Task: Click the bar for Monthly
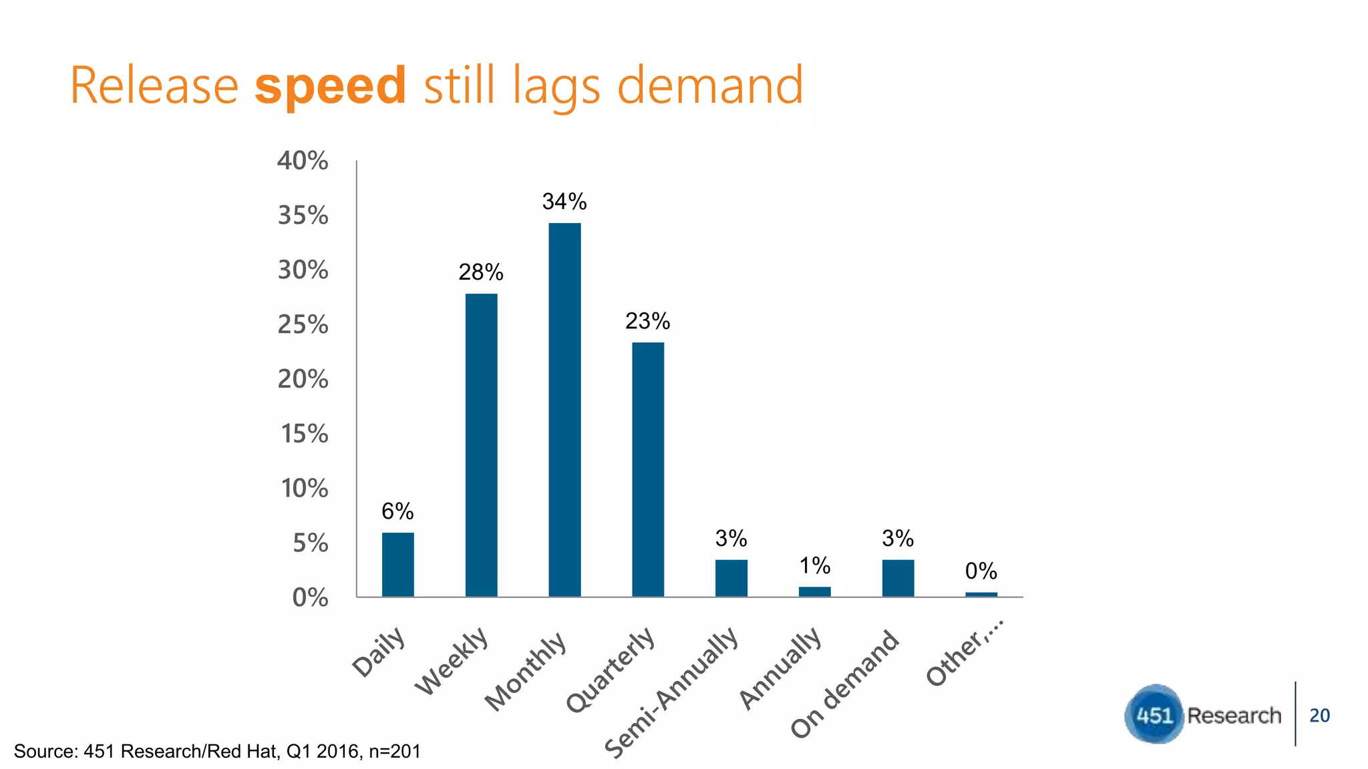point(564,409)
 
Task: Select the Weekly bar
point(481,445)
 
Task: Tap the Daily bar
point(397,564)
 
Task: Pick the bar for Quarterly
point(648,469)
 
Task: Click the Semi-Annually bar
point(731,578)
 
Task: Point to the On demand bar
point(898,578)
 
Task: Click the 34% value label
point(564,202)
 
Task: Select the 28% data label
point(481,272)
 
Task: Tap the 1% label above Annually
point(815,566)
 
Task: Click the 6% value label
point(397,511)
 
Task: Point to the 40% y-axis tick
point(303,161)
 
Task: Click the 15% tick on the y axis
point(304,434)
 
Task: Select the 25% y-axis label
point(303,325)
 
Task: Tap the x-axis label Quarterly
point(611,670)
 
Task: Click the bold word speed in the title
point(330,85)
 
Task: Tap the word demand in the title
point(709,85)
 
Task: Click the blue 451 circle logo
point(1154,715)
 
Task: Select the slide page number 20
point(1319,716)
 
